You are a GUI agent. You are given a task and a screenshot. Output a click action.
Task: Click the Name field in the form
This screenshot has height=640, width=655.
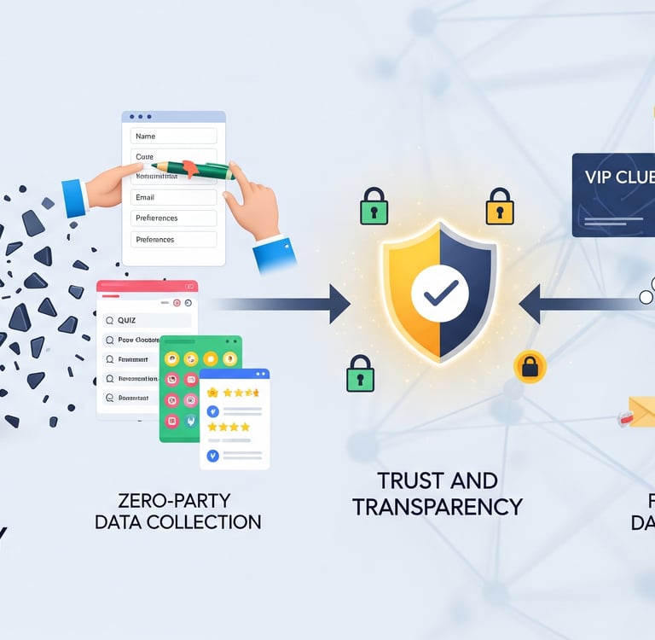pos(173,136)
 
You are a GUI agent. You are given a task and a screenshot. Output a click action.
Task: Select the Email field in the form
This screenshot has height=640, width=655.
pos(173,197)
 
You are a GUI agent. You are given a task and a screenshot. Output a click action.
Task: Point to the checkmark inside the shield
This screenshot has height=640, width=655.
pos(440,293)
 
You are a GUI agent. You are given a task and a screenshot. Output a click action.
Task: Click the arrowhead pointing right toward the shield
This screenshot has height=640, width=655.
pos(339,304)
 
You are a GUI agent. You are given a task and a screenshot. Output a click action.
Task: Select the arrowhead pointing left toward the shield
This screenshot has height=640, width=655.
pos(530,304)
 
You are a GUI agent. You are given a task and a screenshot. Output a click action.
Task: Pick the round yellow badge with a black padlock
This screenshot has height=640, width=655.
pos(530,367)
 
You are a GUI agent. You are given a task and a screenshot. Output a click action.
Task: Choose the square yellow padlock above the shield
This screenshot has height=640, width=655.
pos(500,207)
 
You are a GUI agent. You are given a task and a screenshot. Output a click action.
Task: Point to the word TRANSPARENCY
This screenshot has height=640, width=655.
pos(437,506)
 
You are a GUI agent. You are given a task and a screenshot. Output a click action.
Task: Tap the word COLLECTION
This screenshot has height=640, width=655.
pos(215,521)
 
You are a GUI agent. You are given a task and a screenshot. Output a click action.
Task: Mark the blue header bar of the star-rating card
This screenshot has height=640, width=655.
pos(235,374)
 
